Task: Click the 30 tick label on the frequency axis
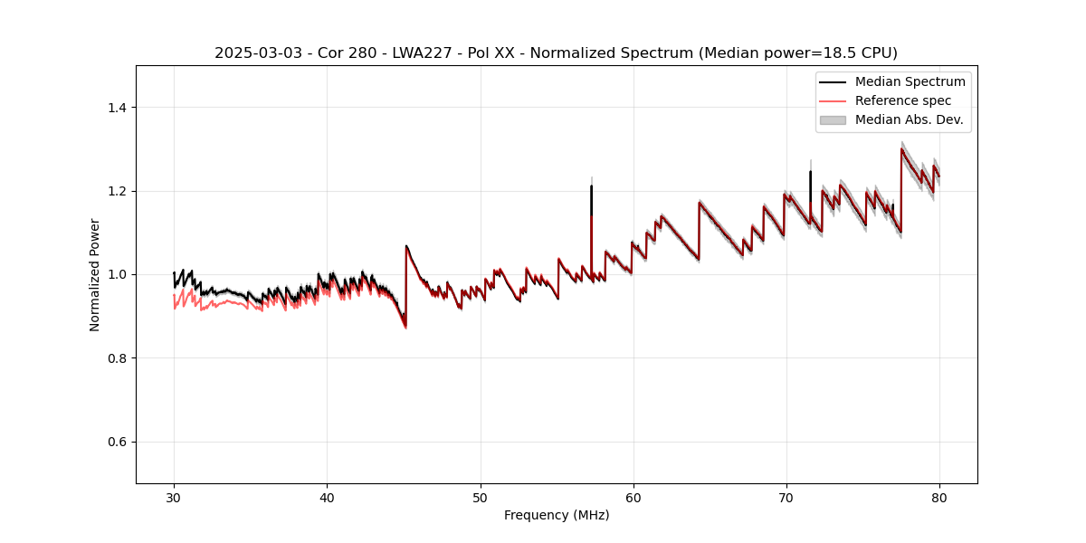174,498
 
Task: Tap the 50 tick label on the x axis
481,498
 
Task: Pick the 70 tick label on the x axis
786,498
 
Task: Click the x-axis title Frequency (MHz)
557,515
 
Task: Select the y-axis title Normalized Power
95,274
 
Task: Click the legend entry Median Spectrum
910,81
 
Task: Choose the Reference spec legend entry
903,100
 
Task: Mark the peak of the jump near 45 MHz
406,245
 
